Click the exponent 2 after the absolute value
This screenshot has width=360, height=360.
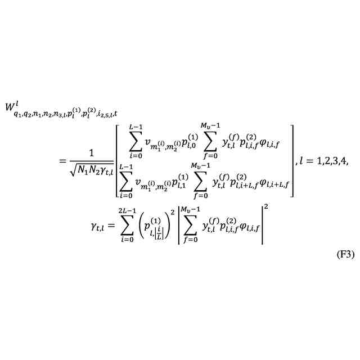[x=266, y=208]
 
